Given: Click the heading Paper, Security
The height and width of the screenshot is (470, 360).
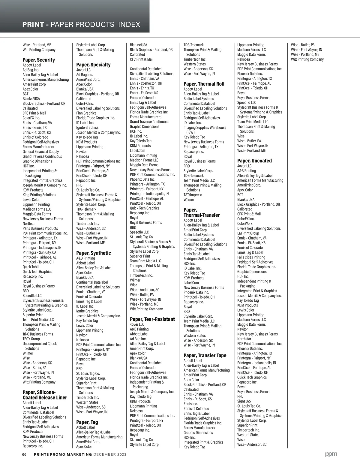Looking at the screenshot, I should click(39, 60).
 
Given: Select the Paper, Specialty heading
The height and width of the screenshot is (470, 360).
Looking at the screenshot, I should click(93, 65).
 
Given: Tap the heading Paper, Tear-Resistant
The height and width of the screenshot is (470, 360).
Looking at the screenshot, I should click(152, 319).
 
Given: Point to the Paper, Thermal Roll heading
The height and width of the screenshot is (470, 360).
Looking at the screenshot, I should click(204, 84).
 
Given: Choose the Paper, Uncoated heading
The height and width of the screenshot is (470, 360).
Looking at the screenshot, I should click(254, 161).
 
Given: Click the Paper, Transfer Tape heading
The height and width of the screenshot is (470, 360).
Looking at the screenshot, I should click(205, 356).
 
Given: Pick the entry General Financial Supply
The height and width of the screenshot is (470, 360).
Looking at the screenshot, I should click(41, 152).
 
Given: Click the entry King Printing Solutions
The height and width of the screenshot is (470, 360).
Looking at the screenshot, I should click(39, 195).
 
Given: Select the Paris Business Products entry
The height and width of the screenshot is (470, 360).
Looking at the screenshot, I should click(40, 228).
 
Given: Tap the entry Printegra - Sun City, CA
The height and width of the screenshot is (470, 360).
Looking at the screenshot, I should click(39, 252).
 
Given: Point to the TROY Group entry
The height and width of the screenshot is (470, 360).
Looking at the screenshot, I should click(31, 339).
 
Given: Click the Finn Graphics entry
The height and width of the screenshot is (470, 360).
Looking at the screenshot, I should click(86, 113).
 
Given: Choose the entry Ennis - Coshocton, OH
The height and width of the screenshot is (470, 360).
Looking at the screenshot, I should click(146, 83).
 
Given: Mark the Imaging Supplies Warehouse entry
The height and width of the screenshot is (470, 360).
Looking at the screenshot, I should click(205, 128).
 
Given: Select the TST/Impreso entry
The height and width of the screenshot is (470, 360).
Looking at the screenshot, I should click(193, 195).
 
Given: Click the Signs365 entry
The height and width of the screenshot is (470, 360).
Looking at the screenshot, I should click(244, 401).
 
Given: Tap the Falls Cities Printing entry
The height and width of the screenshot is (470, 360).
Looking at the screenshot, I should click(251, 257).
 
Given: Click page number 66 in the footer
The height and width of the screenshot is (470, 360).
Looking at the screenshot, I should click(25, 454).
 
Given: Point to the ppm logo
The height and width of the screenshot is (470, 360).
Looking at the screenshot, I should click(331, 454).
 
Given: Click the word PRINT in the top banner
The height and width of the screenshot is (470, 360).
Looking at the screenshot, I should click(33, 25).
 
